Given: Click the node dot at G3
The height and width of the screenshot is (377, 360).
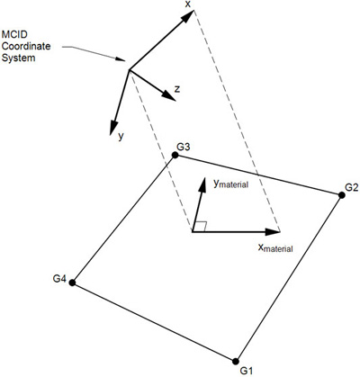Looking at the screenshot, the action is [x=175, y=155].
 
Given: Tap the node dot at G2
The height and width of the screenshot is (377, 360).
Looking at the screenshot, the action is [x=341, y=195].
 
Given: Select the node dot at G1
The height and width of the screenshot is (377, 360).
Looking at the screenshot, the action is [x=236, y=361].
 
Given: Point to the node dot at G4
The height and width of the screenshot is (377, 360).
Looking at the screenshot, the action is [x=72, y=283].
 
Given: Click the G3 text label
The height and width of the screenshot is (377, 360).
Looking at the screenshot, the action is [x=184, y=148].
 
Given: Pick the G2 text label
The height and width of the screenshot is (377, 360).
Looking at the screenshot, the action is [x=352, y=187].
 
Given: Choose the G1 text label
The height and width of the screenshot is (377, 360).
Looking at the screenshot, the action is [x=247, y=371].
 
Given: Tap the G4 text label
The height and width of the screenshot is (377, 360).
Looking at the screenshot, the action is [x=59, y=279].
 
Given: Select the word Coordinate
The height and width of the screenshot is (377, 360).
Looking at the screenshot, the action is [x=26, y=46].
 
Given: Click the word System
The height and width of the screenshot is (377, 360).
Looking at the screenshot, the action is [x=18, y=58].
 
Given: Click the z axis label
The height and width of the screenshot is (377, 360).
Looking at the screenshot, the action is [x=177, y=89].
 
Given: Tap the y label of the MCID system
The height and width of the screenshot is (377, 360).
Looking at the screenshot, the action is [x=121, y=137].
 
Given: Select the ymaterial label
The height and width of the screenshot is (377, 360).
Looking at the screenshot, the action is [x=230, y=184].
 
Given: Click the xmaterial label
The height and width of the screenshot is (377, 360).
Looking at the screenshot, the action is [x=275, y=247].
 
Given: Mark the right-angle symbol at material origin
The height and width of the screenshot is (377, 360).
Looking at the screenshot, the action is [x=201, y=227].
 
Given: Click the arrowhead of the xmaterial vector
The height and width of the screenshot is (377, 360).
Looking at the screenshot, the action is [x=273, y=232].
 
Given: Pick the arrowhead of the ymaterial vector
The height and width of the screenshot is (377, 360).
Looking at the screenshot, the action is [x=202, y=185].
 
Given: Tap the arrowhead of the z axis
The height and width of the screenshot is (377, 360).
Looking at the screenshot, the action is [x=168, y=95].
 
